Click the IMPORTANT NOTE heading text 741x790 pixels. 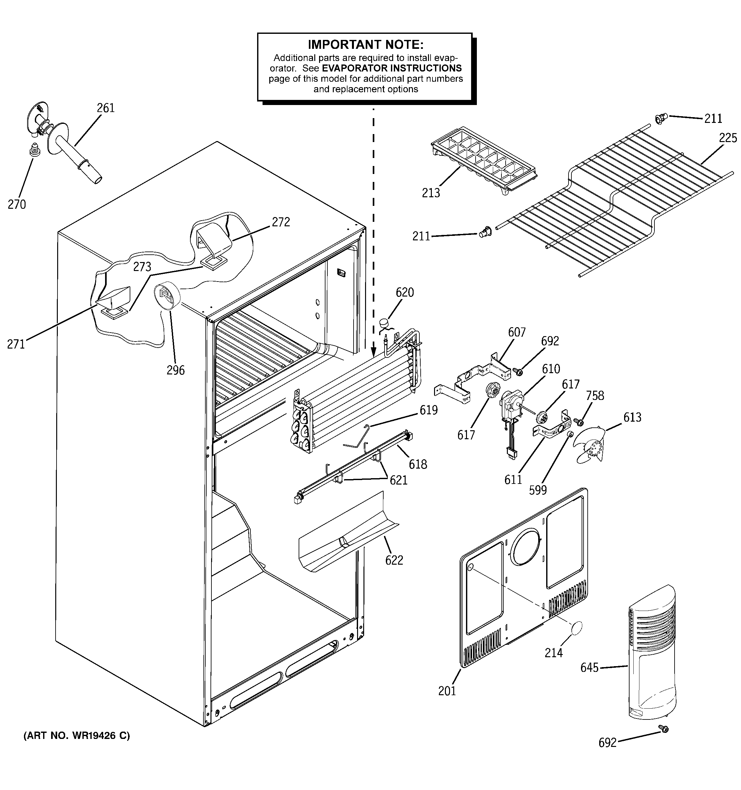pos(365,44)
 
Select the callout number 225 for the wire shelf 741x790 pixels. pos(728,138)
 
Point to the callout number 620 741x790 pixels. pos(404,292)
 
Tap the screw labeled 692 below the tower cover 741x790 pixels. pos(663,740)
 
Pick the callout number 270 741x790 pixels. pos(17,204)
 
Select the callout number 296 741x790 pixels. pos(175,370)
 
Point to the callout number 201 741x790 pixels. pos(447,691)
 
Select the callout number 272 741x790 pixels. pos(281,222)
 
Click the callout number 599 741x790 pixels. pos(538,490)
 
